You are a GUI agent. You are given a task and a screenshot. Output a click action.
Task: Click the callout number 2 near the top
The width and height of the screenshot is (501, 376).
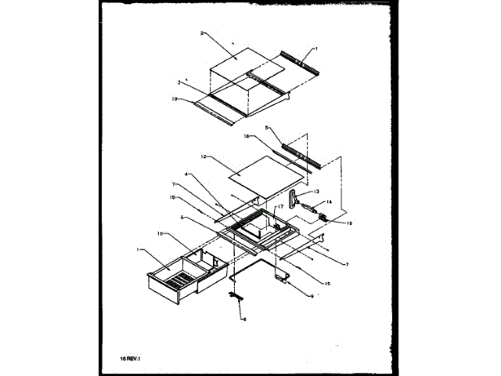tap(202, 34)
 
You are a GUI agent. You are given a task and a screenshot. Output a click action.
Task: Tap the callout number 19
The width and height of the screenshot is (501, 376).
tap(175, 99)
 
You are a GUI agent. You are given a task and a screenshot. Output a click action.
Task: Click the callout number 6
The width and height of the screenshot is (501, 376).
tap(182, 217)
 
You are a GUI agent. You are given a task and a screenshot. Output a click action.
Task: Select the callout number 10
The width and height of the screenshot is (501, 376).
tap(160, 233)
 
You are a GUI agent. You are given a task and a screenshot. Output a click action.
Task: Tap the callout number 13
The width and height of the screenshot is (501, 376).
tap(316, 191)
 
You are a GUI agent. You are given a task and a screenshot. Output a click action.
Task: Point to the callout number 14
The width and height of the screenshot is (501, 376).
tap(329, 202)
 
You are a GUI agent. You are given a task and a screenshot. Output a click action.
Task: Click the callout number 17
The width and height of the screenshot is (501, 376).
tap(277, 208)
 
